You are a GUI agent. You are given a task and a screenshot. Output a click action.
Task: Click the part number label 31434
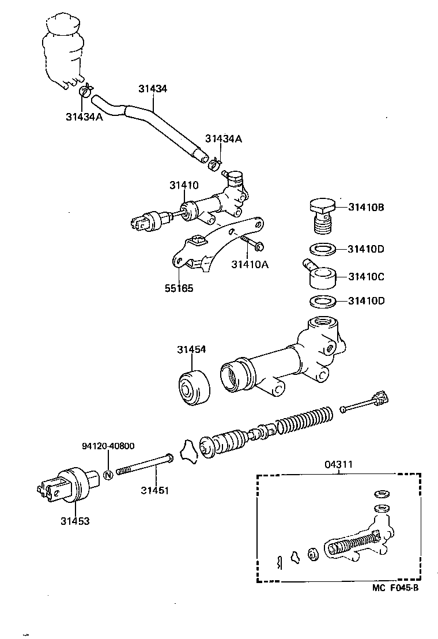click(x=153, y=89)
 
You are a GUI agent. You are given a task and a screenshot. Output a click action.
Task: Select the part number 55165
click(x=180, y=287)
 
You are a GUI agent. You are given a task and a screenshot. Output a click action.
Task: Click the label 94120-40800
click(x=108, y=446)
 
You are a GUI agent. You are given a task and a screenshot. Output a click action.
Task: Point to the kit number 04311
click(x=338, y=464)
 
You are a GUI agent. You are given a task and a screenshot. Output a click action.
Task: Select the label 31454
click(x=191, y=349)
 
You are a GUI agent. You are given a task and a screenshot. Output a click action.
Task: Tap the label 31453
click(x=75, y=521)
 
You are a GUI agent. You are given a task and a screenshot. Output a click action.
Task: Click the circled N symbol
click(x=108, y=476)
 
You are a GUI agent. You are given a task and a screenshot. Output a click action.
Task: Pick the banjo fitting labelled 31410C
click(x=321, y=275)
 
